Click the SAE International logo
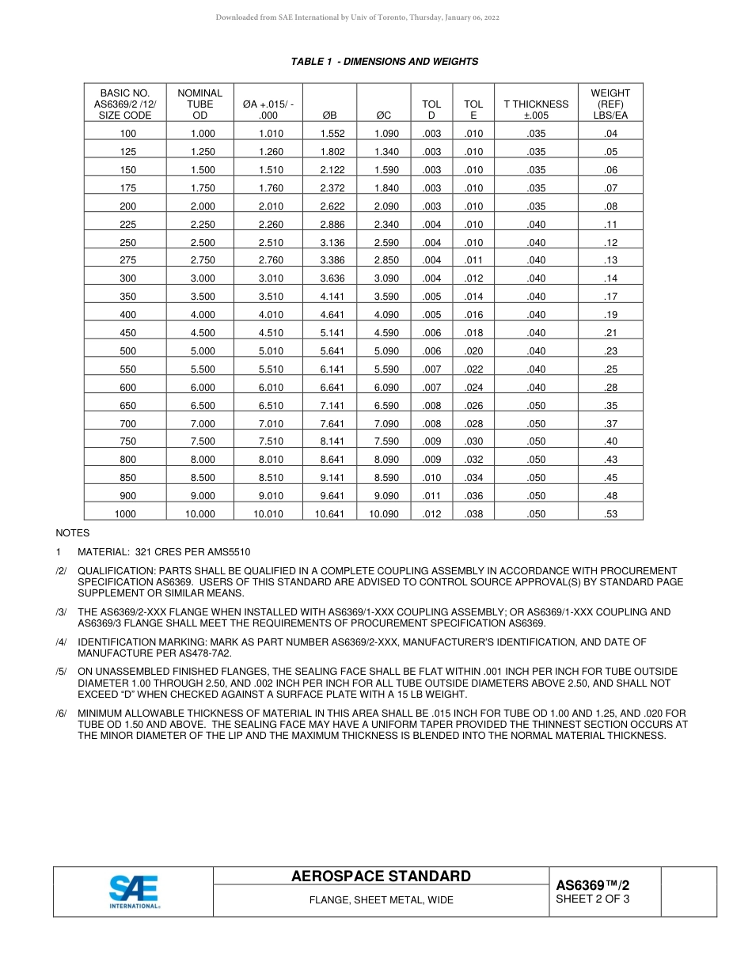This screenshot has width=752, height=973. coord(134,892)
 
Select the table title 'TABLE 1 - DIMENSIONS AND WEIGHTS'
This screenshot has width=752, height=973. coord(384,62)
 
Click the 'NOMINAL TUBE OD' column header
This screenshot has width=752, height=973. coord(200,104)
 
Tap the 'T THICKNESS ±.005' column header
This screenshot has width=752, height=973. coord(536,109)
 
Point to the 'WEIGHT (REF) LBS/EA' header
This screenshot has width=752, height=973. coord(610,104)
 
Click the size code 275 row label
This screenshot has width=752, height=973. coord(127,260)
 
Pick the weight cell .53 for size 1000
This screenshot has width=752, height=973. coord(610,514)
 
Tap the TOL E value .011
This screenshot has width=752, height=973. coord(473,260)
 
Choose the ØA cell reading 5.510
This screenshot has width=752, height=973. coord(271,369)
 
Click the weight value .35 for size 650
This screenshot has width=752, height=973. coord(610,406)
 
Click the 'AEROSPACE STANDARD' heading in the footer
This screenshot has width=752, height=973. coord(381,876)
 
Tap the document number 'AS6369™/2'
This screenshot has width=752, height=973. coord(592,885)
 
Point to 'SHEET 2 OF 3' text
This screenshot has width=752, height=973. coord(592,899)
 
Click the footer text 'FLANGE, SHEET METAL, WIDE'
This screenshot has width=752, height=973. coord(381,900)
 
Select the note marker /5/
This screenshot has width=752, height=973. coord(61,672)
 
